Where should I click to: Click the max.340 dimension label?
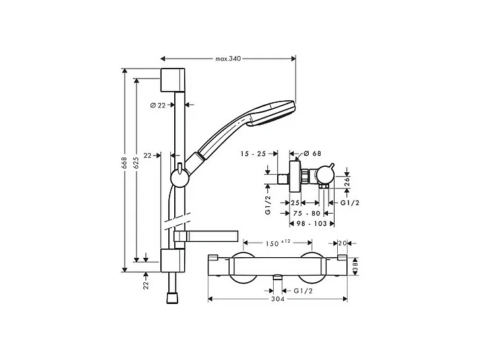click(228, 59)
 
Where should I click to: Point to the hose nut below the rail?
click(174, 297)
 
